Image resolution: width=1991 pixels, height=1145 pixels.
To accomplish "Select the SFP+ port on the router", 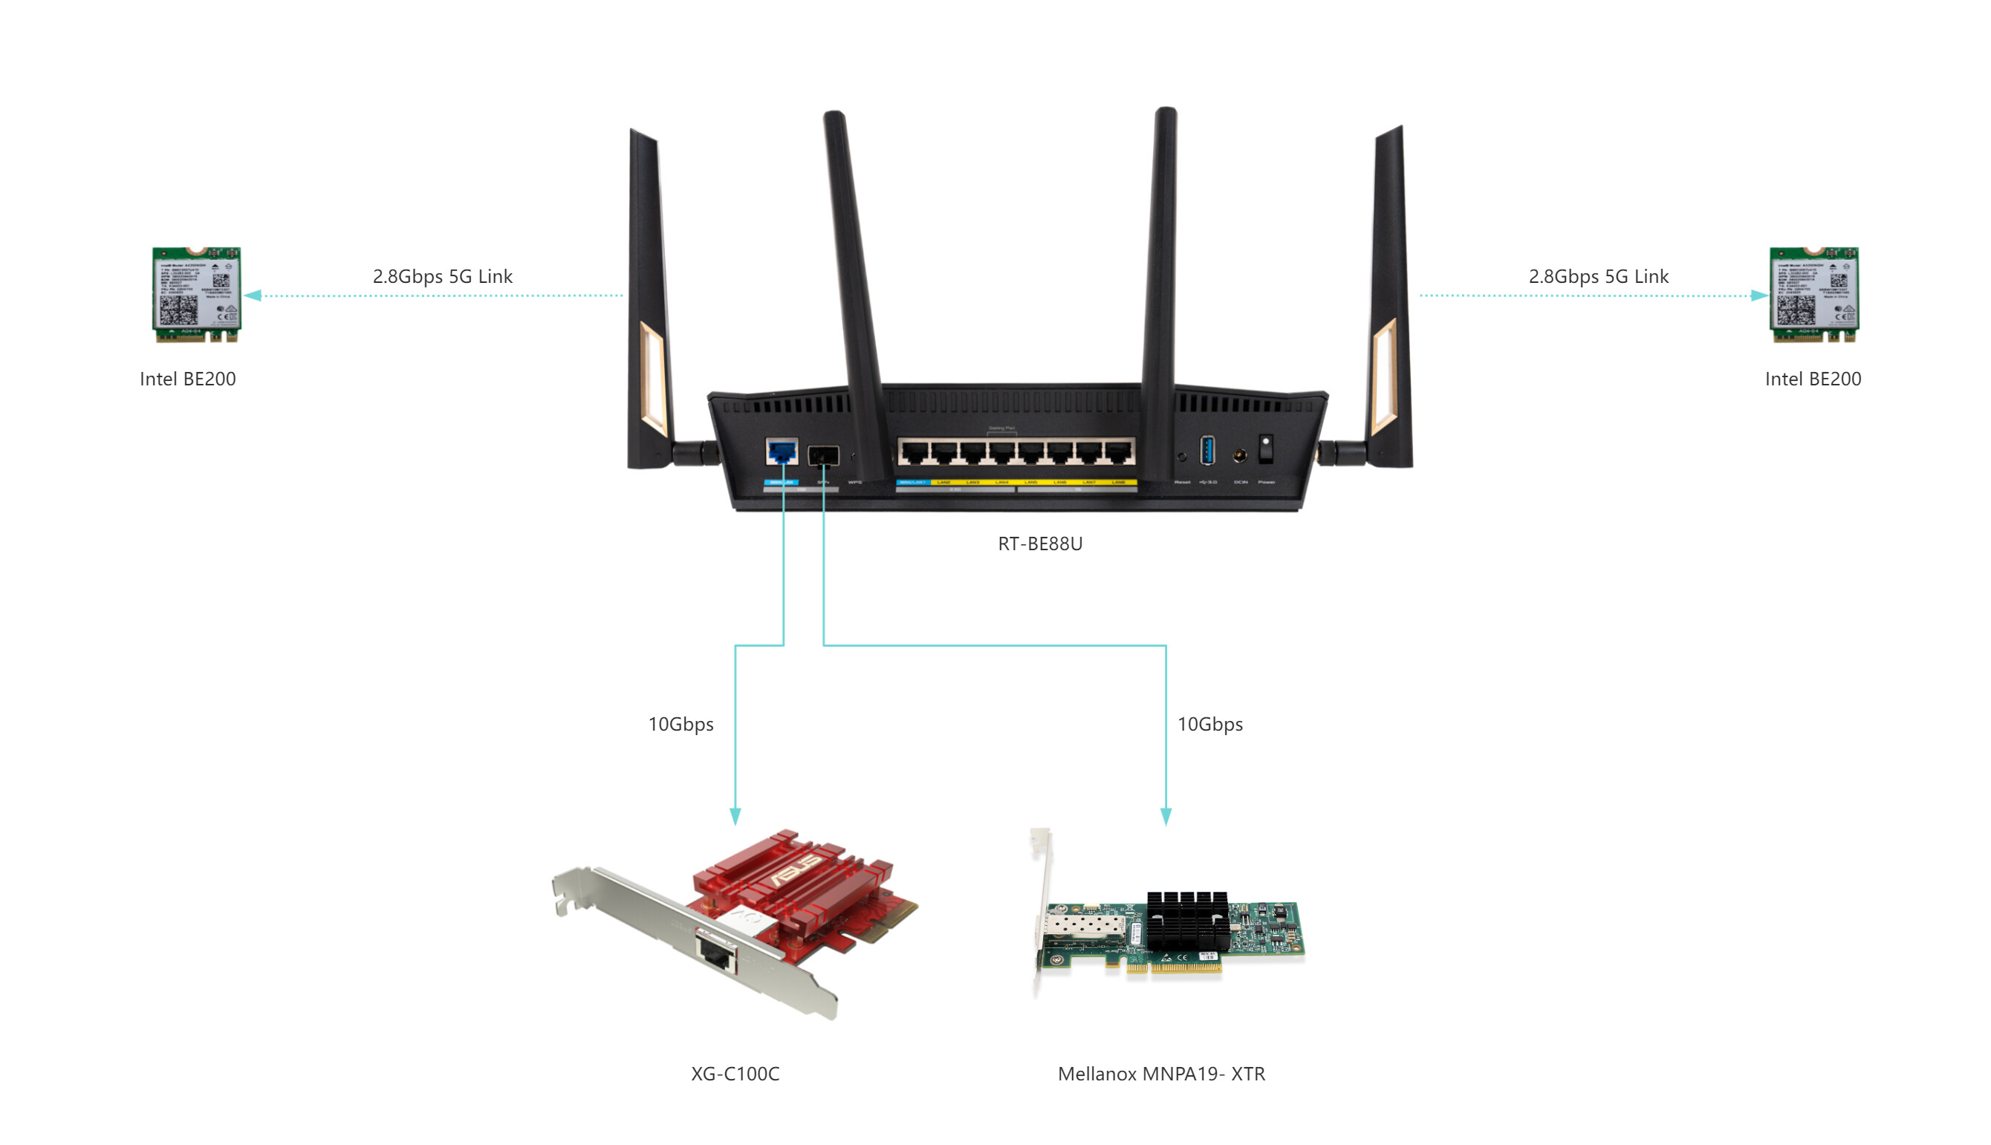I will [x=823, y=455].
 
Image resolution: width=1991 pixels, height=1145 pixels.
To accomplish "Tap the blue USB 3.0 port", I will [x=1206, y=451].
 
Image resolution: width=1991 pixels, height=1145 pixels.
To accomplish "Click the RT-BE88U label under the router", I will [x=1039, y=544].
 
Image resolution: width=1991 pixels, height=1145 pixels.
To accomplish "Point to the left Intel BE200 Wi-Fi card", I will [x=196, y=295].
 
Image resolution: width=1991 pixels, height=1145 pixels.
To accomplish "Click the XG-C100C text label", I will [x=735, y=1074].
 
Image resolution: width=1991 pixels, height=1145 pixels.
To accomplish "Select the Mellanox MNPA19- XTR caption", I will [x=1160, y=1074].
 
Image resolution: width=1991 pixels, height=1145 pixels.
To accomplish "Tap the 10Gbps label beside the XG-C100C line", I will [x=681, y=724].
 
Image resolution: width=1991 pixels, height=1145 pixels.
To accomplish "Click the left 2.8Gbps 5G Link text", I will [x=442, y=276].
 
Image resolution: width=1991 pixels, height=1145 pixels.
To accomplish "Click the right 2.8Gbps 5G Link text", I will [x=1598, y=276].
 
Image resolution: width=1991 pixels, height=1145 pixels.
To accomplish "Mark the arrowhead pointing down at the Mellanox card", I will [x=1165, y=816].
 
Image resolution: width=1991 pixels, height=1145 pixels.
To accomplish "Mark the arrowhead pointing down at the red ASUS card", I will [x=735, y=816].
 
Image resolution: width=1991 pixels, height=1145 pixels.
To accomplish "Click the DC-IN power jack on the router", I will [x=1239, y=455].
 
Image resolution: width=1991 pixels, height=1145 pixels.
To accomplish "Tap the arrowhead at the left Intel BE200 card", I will [x=253, y=296].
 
